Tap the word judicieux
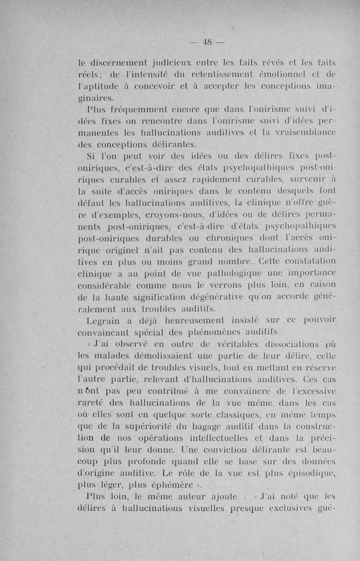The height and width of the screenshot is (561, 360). (x=173, y=62)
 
